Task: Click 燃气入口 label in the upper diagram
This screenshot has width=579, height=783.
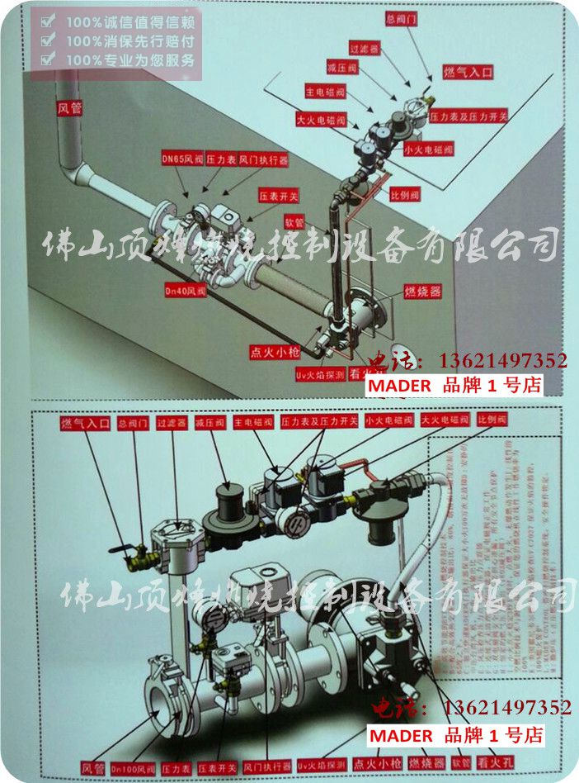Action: point(468,73)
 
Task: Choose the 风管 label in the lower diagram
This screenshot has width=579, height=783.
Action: point(92,766)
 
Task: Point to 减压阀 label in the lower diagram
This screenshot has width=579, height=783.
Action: point(210,421)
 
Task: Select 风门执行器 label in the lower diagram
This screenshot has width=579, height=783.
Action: point(267,766)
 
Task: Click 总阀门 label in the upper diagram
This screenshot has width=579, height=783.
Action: point(401,17)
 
